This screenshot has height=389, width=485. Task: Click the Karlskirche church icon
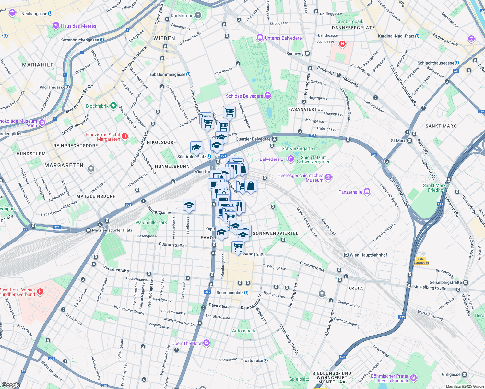tap(198, 15)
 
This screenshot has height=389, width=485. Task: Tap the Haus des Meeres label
tap(78, 26)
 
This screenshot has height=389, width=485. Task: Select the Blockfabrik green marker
tap(113, 106)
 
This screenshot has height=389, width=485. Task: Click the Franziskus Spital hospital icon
tap(125, 136)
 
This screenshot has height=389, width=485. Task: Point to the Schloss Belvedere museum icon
tap(267, 96)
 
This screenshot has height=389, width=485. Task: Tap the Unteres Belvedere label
tap(283, 38)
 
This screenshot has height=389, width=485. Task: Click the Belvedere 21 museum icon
tap(290, 159)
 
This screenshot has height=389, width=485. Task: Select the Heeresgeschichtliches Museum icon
tap(328, 177)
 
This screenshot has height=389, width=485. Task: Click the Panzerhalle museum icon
tap(367, 192)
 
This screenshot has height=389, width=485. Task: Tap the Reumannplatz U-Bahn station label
tap(230, 293)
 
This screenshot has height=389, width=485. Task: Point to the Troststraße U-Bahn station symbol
tap(266, 360)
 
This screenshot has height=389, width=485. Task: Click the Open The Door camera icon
tap(207, 343)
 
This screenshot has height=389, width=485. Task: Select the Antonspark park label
tap(243, 331)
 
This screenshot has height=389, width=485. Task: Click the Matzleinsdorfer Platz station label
tap(112, 230)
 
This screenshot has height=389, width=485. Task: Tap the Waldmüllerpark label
tap(151, 222)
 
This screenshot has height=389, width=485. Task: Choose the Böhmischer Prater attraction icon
tap(413, 378)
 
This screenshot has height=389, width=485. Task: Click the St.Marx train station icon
tap(409, 141)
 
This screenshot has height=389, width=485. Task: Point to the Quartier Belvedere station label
tap(253, 139)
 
